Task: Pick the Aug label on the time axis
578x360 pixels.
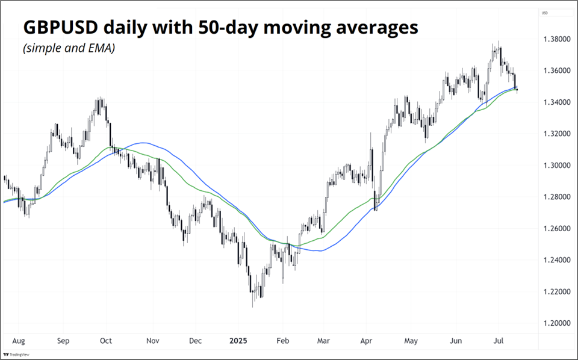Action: tap(18, 340)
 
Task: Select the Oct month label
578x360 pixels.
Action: tap(106, 340)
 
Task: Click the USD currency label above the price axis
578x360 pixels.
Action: tap(544, 13)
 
